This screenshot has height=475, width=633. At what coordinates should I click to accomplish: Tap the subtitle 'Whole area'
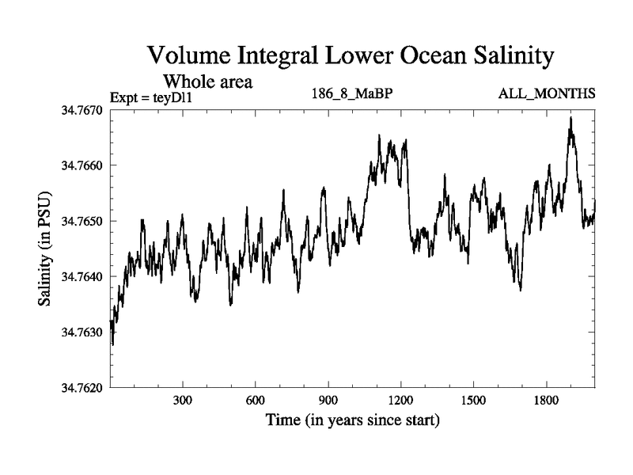click(207, 81)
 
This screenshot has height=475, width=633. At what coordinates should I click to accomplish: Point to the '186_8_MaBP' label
click(353, 94)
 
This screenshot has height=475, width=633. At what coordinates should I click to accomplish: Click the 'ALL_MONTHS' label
click(547, 94)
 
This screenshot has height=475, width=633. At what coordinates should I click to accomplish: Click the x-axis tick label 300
click(183, 401)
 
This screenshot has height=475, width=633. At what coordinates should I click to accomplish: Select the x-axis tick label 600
click(256, 401)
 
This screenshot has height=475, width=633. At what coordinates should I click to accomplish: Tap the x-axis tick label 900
click(328, 401)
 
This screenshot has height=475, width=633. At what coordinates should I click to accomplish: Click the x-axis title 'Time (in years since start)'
click(352, 420)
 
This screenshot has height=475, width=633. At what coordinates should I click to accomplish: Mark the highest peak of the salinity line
click(570, 118)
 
